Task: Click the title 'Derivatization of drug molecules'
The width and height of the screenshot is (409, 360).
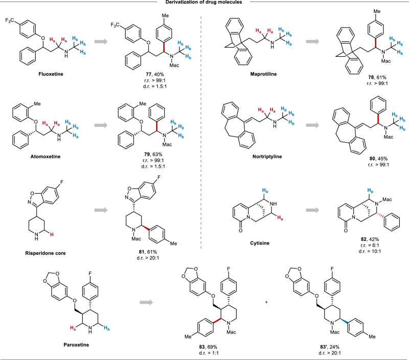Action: [204, 4]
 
